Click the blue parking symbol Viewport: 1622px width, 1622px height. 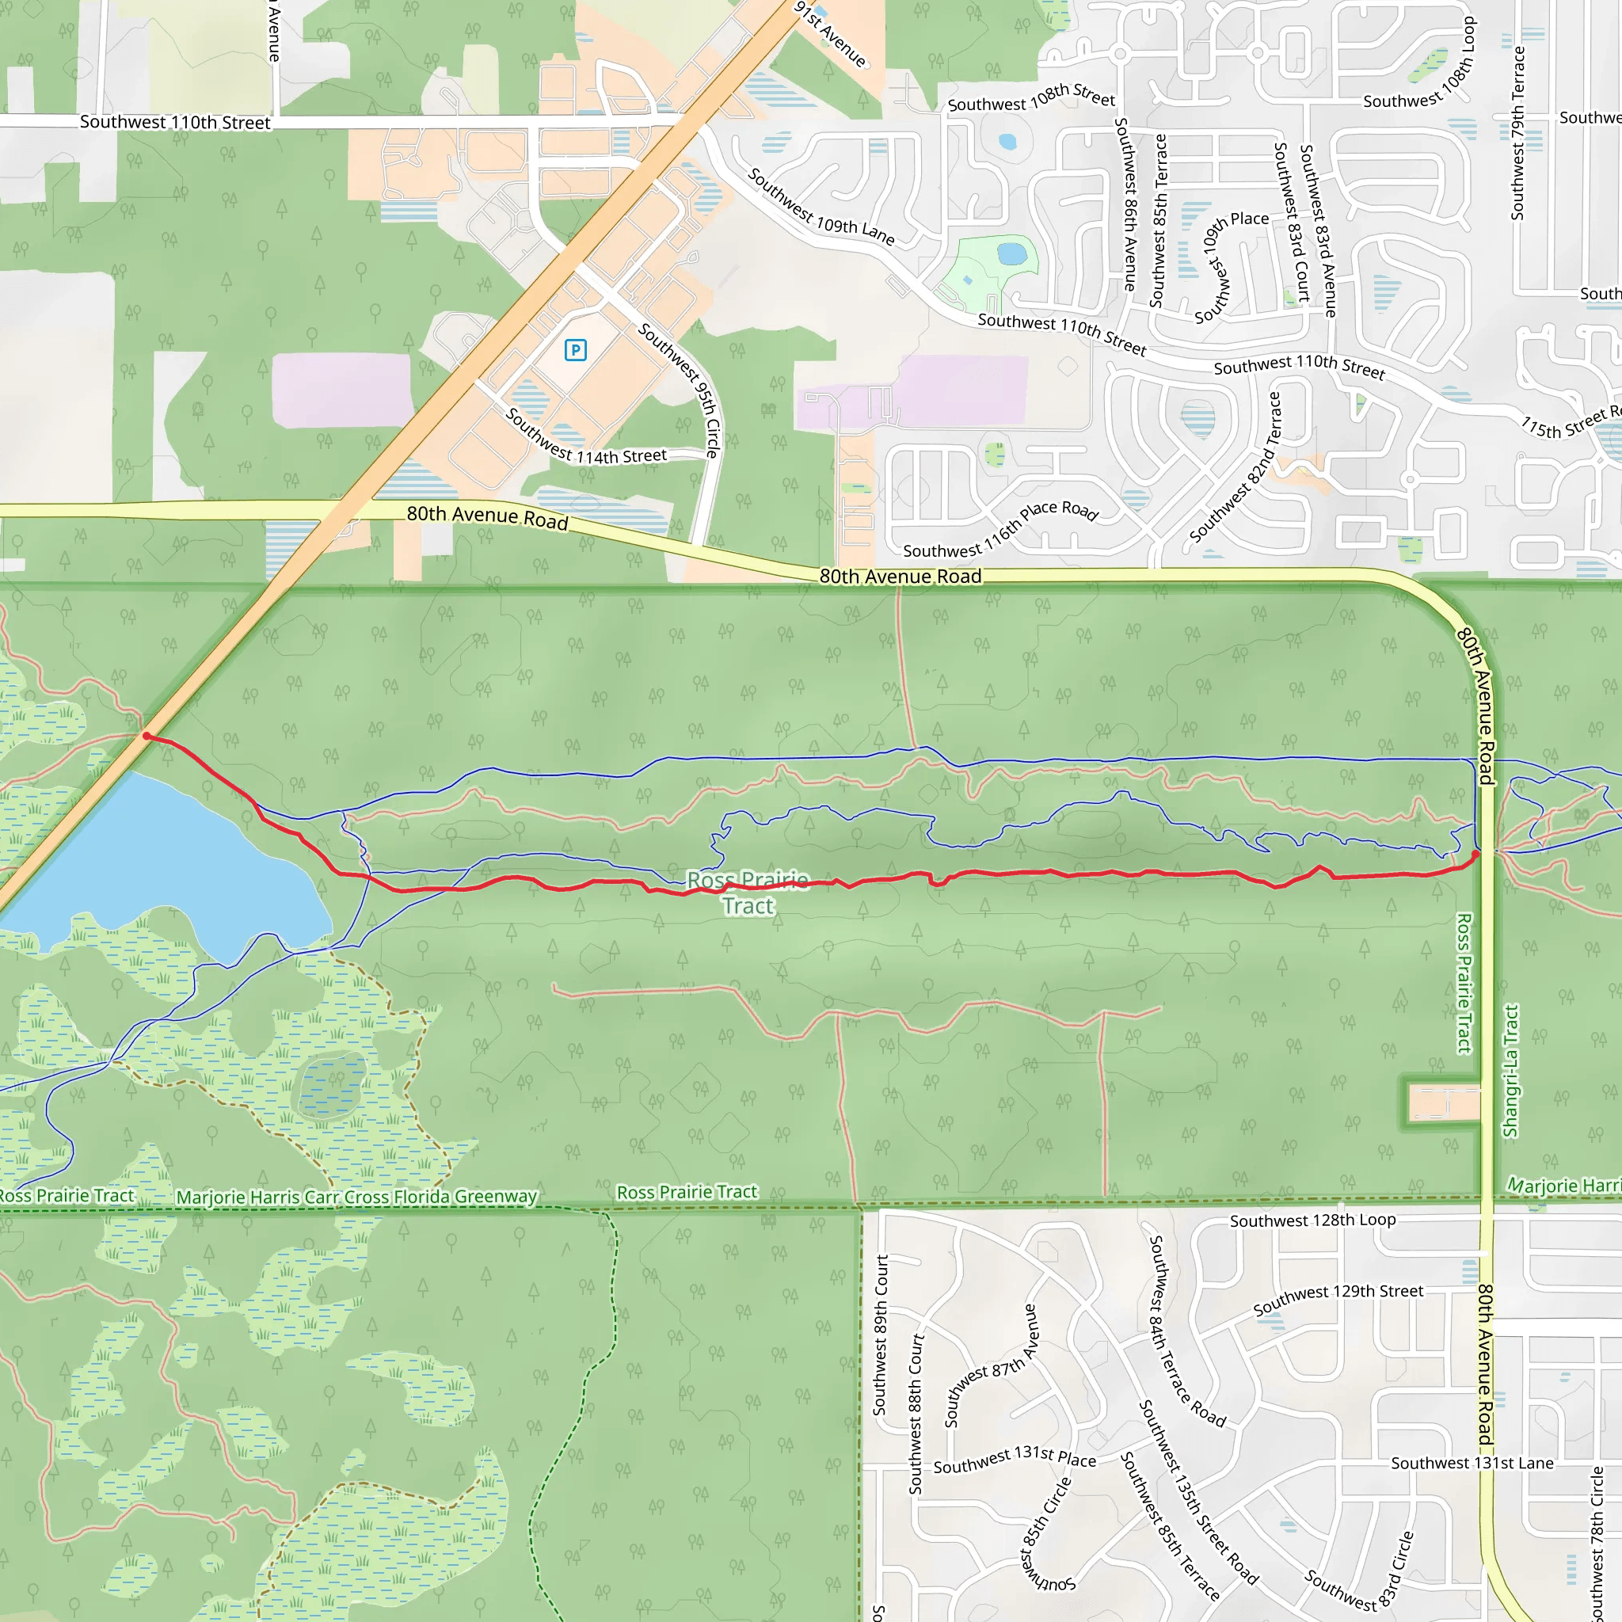pyautogui.click(x=575, y=350)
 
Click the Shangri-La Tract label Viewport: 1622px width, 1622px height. pyautogui.click(x=1511, y=1071)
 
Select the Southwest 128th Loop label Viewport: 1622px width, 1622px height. pyautogui.click(x=1312, y=1220)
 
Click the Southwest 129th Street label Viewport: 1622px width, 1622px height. pyautogui.click(x=1338, y=1299)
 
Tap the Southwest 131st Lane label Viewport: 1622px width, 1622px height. pyautogui.click(x=1472, y=1464)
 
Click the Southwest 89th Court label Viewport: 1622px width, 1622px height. pyautogui.click(x=880, y=1335)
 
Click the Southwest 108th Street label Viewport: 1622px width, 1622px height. pyautogui.click(x=1031, y=98)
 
